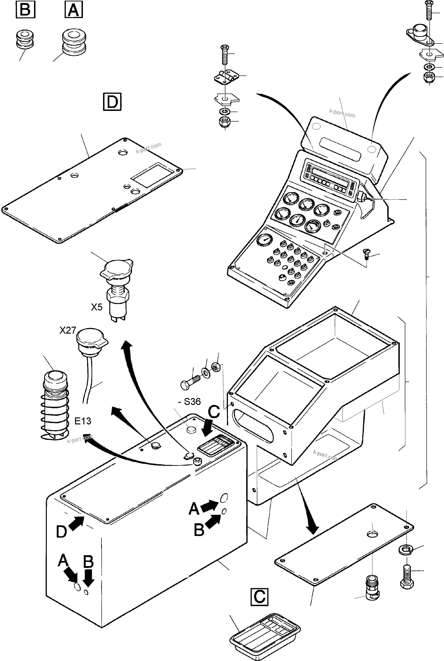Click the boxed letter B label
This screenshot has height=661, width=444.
coord(25,10)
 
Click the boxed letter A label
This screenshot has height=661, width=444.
coord(74,10)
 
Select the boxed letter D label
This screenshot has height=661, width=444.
coord(112,101)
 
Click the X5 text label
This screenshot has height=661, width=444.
coord(97,307)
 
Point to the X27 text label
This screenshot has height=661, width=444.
coord(68,330)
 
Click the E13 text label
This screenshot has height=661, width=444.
coord(83,421)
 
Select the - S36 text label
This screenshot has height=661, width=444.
coord(190,401)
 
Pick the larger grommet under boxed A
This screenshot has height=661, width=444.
coord(74,42)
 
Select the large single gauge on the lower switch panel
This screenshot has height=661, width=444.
coord(265,240)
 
